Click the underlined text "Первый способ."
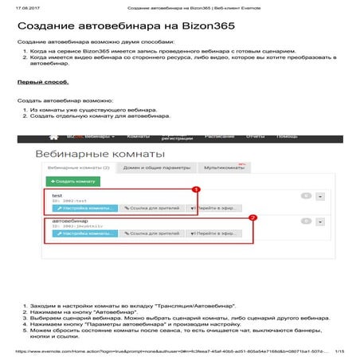[37, 82]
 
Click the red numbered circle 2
[252, 217]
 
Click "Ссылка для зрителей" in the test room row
[151, 208]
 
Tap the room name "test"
[57, 195]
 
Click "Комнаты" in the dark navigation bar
[139, 136]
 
